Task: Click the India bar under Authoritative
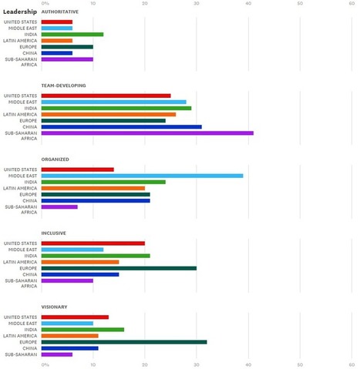pyautogui.click(x=72, y=35)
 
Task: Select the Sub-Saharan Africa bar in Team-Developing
pyautogui.click(x=147, y=133)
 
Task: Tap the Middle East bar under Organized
pyautogui.click(x=142, y=176)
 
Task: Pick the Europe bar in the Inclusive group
pyautogui.click(x=119, y=268)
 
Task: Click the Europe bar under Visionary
pyautogui.click(x=124, y=342)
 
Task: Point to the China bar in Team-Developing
pyautogui.click(x=122, y=127)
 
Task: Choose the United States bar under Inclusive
pyautogui.click(x=93, y=243)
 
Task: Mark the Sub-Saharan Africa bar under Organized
pyautogui.click(x=59, y=207)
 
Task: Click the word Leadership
pyautogui.click(x=20, y=12)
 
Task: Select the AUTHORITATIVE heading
pyautogui.click(x=60, y=12)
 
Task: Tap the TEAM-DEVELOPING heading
pyautogui.click(x=63, y=86)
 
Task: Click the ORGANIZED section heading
pyautogui.click(x=55, y=159)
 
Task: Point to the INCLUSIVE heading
pyautogui.click(x=54, y=233)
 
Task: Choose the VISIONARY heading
pyautogui.click(x=54, y=307)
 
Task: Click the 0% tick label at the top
pyautogui.click(x=45, y=3)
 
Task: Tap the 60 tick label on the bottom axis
pyautogui.click(x=352, y=364)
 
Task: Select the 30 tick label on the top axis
pyautogui.click(x=197, y=3)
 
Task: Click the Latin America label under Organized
pyautogui.click(x=20, y=188)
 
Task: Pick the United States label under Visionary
pyautogui.click(x=20, y=317)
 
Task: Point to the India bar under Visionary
pyautogui.click(x=82, y=330)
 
